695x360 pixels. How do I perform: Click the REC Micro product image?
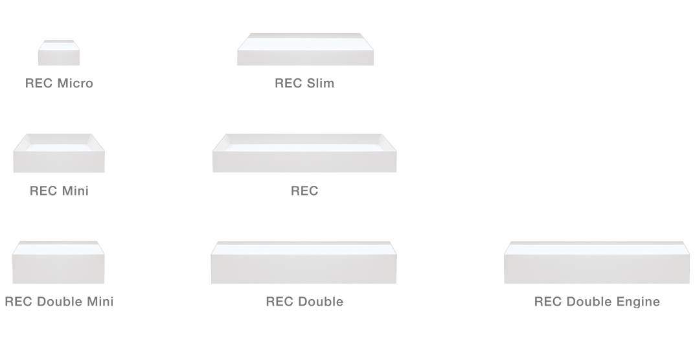(x=59, y=52)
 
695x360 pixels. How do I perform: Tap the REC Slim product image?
(x=305, y=49)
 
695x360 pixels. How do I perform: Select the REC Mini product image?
(x=59, y=153)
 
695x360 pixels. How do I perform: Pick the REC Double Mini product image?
(x=58, y=262)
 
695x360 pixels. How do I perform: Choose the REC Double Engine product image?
(x=597, y=262)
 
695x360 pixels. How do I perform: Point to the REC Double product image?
(x=304, y=262)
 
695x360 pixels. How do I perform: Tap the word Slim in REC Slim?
(x=319, y=84)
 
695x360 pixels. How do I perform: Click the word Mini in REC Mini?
(x=74, y=190)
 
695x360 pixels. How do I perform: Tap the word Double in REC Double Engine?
(x=588, y=302)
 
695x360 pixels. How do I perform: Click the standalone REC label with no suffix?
(x=304, y=190)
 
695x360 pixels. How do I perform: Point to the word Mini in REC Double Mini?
(x=100, y=302)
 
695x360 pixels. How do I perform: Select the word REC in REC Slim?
(x=288, y=84)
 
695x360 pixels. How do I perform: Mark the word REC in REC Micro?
(x=39, y=84)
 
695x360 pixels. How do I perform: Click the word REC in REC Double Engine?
(x=548, y=302)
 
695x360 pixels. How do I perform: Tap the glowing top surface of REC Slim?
(x=305, y=41)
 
